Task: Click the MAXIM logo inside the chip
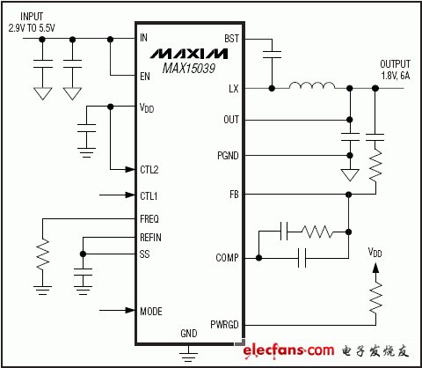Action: coord(189,54)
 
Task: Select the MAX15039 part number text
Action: coord(189,69)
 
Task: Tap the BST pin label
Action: coord(231,39)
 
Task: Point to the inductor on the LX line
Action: coord(312,85)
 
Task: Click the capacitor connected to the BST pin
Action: coord(272,55)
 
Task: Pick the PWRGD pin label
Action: coord(224,325)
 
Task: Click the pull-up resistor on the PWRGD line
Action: coord(375,298)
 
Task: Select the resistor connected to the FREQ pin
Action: coord(43,254)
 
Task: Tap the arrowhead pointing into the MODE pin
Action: coord(130,310)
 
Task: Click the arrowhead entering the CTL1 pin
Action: coord(130,195)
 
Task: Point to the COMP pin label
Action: coord(227,258)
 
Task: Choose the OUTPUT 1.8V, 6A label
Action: coord(395,70)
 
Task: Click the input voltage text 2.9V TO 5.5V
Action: coord(32,28)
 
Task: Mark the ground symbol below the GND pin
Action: coord(188,354)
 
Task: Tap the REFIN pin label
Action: coord(150,238)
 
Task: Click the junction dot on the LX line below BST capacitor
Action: coord(272,88)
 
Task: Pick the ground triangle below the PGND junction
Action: coord(350,175)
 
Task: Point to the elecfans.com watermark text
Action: coord(288,351)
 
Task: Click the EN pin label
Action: coord(145,77)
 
